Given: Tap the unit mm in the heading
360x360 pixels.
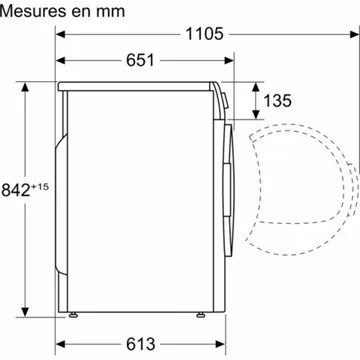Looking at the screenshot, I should [113, 12].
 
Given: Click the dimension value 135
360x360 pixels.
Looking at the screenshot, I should [279, 100].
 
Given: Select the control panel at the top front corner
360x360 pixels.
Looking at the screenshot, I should [220, 96].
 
